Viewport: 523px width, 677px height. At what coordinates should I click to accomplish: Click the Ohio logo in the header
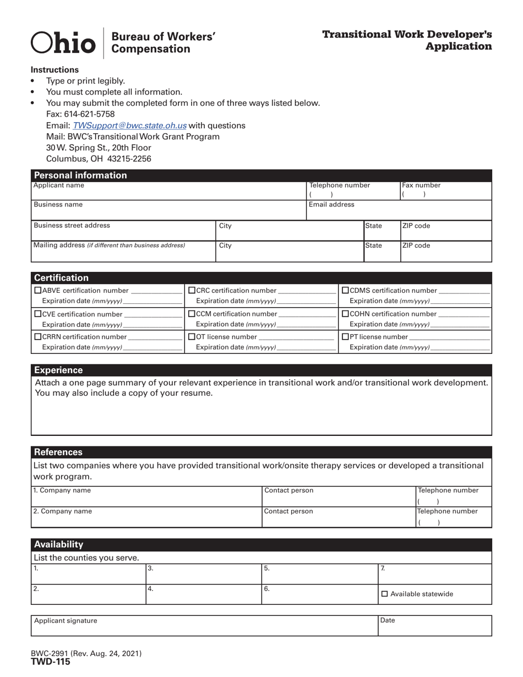coord(63,43)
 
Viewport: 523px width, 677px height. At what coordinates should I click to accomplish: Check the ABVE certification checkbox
coord(38,291)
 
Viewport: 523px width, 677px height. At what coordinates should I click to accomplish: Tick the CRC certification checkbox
coord(192,291)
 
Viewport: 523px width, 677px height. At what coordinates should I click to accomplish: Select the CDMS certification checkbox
coord(346,291)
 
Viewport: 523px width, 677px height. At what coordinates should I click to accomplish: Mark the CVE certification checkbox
coord(38,314)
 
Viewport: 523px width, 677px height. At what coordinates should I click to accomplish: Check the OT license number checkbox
coord(192,337)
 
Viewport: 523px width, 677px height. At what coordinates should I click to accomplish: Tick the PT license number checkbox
coord(346,337)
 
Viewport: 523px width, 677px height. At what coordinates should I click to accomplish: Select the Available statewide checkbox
coord(384,594)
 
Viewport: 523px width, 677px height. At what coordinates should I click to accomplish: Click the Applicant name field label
coord(59,186)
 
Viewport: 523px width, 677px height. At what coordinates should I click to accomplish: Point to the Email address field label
coord(331,205)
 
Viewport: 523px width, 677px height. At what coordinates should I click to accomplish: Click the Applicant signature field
coord(204,626)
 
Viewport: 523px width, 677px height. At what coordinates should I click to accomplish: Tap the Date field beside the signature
coord(435,626)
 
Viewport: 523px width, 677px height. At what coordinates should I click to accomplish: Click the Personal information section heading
coord(80,176)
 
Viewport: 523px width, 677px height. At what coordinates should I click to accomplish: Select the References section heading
coord(58,452)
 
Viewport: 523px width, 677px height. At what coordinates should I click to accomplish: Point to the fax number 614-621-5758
coord(91,114)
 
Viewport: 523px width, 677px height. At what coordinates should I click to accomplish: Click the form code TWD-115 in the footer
coord(50,662)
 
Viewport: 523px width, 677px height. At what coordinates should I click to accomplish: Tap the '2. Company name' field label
coord(62,511)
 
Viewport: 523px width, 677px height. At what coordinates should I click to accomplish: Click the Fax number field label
coord(422,186)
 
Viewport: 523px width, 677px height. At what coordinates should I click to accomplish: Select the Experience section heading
coord(58,370)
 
